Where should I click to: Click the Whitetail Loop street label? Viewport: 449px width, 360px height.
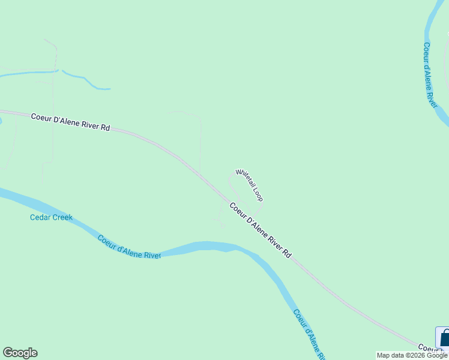(249, 185)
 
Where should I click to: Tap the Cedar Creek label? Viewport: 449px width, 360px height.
(51, 217)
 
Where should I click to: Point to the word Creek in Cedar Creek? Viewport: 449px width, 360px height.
(62, 217)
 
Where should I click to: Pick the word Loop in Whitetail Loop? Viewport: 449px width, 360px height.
(258, 195)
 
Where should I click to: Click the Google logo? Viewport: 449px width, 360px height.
(20, 353)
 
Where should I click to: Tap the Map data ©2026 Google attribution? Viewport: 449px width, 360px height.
(412, 355)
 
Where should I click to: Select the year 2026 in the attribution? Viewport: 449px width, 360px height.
(417, 355)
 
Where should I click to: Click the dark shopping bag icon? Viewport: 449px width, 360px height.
(444, 338)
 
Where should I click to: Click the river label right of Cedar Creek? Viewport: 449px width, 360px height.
(129, 247)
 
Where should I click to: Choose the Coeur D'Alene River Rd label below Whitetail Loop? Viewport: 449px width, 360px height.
(260, 230)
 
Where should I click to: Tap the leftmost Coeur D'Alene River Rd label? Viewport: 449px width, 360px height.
(70, 122)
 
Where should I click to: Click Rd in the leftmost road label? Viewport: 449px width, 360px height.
(106, 127)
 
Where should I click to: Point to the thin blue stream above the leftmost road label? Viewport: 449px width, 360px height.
(84, 80)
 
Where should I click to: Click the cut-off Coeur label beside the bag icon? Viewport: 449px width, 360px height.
(428, 348)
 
